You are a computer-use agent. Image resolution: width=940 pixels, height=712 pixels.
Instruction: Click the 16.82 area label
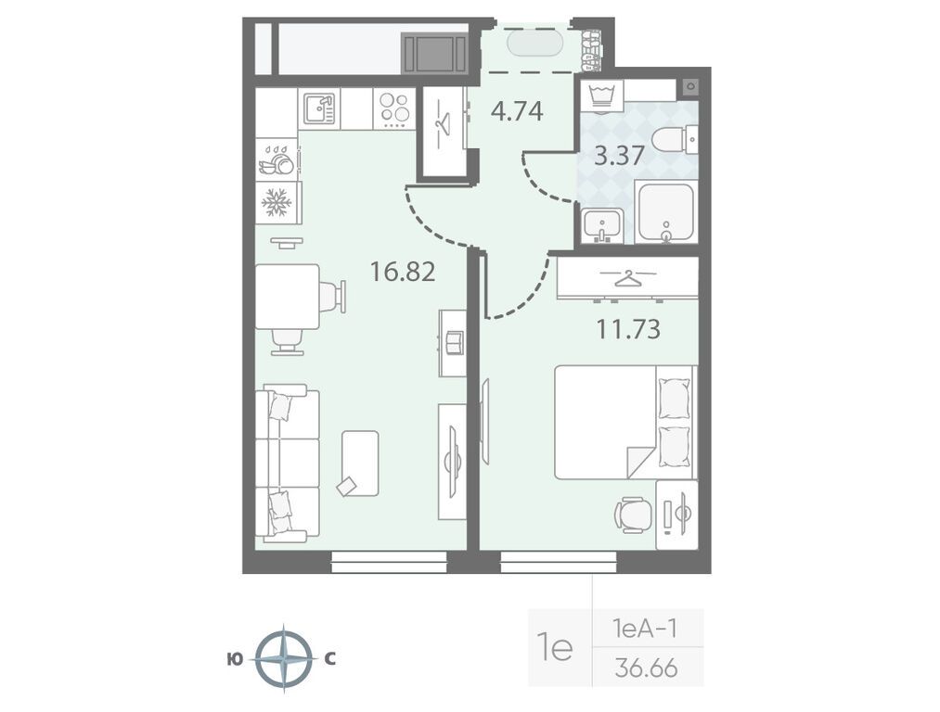[402, 272]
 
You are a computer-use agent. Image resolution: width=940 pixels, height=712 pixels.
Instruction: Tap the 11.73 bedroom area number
[628, 329]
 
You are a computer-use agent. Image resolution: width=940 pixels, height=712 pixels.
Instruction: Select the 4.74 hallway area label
[517, 111]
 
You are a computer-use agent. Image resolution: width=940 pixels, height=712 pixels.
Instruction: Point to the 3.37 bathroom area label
[619, 156]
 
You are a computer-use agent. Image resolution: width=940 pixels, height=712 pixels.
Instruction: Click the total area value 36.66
[646, 667]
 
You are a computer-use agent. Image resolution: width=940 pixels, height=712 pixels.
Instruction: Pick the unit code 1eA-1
[645, 629]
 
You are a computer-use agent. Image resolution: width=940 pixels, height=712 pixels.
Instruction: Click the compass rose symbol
[284, 659]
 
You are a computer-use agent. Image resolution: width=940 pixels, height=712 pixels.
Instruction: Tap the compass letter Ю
[235, 659]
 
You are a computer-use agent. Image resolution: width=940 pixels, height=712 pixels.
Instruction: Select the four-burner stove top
[394, 108]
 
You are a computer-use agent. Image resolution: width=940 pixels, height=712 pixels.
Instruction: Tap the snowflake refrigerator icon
[277, 202]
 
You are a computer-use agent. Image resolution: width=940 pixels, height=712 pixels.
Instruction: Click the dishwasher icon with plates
[277, 159]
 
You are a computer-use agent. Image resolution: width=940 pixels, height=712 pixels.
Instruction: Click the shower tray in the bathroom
[665, 213]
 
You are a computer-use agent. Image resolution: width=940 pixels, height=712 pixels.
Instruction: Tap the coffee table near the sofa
[360, 464]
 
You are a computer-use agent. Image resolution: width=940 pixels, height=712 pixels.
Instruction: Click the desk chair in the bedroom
[634, 515]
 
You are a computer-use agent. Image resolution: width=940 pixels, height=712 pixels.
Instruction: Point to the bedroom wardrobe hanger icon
[627, 278]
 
